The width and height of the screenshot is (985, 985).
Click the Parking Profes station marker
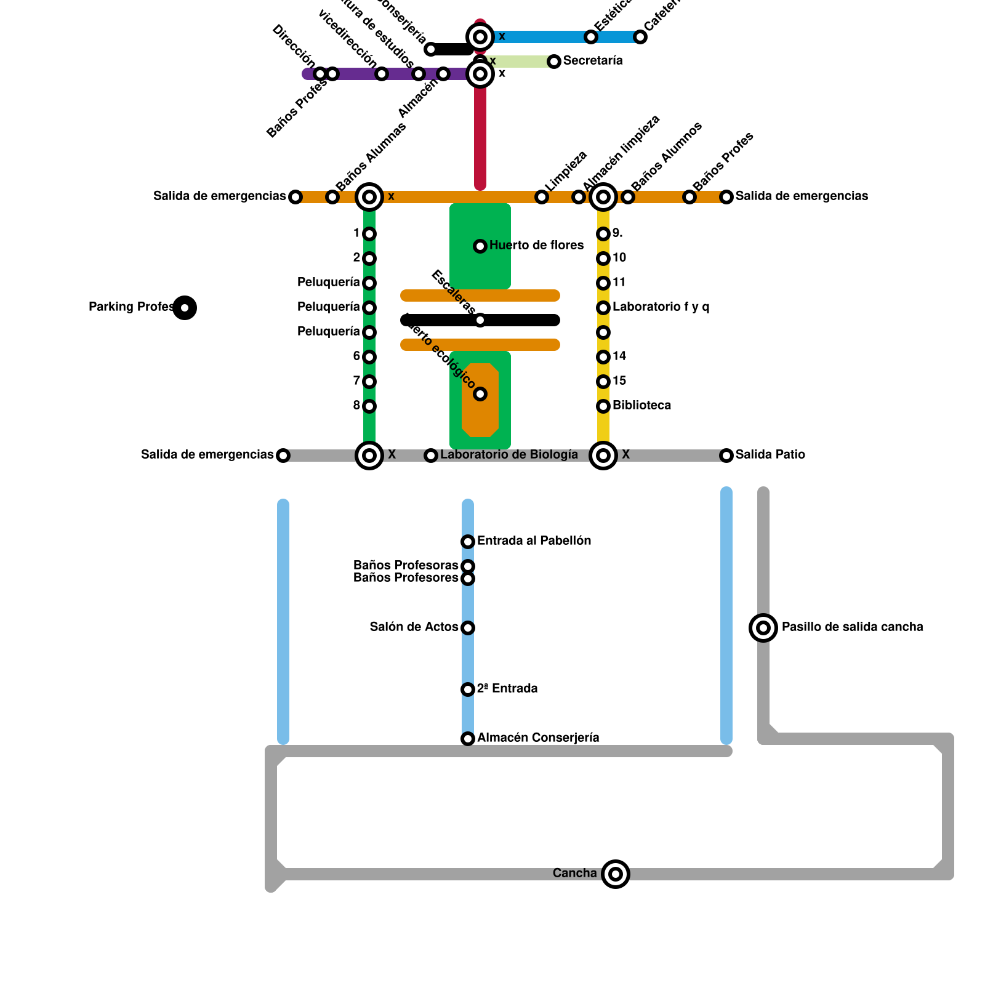point(185,308)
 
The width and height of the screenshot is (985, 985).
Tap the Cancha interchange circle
point(616,874)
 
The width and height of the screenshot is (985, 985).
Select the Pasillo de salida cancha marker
point(763,628)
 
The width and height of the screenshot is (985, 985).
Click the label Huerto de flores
point(536,246)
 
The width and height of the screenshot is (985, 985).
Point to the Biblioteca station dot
point(603,406)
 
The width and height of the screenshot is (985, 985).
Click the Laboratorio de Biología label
point(509,455)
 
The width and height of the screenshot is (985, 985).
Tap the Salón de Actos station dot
point(468,628)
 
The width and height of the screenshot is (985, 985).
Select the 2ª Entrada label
point(507,689)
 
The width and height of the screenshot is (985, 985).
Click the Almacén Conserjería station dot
point(468,739)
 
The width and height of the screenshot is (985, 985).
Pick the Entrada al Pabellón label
point(534,541)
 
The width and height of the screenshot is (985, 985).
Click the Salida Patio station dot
point(726,456)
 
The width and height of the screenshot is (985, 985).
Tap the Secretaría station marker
point(554,62)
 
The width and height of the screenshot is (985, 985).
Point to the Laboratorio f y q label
point(661,307)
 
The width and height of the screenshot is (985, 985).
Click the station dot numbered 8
point(369,406)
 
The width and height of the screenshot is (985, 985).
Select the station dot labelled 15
point(603,382)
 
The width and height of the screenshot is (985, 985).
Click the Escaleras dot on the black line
point(480,320)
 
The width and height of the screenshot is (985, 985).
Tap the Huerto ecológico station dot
point(480,394)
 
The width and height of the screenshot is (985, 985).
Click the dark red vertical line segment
point(480,135)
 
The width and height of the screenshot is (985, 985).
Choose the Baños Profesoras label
point(406,565)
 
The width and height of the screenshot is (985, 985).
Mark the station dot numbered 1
point(369,234)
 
